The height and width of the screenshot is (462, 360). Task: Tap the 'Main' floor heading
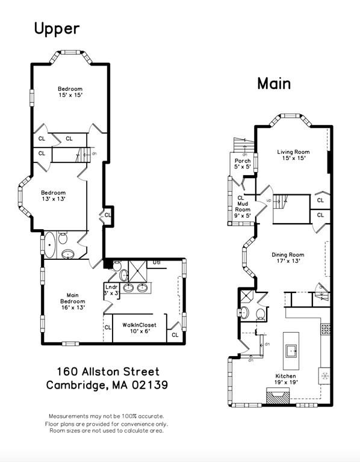[274, 83]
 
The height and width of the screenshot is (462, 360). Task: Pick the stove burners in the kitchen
[327, 329]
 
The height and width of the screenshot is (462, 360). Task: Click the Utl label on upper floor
[157, 262]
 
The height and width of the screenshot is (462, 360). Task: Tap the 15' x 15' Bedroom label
[70, 92]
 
